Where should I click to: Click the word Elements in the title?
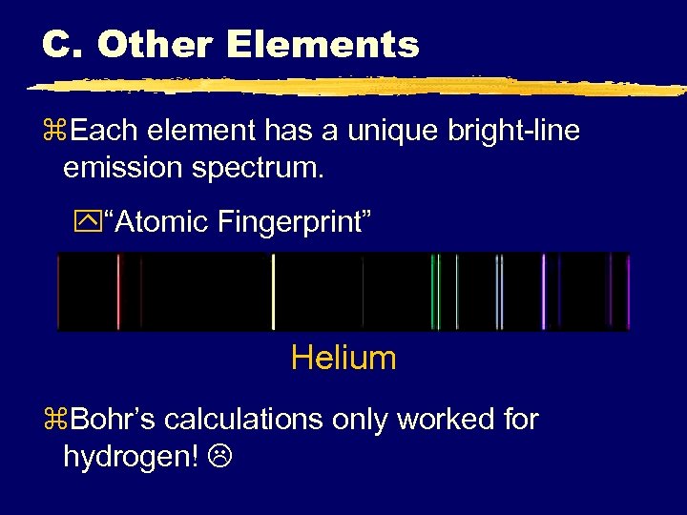coord(324,45)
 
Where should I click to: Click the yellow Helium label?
coord(343,359)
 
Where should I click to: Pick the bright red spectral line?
coord(119,292)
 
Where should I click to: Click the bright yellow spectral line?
coord(274,292)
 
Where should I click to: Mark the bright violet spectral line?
coord(543,292)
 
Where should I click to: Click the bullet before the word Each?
coord(52,132)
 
